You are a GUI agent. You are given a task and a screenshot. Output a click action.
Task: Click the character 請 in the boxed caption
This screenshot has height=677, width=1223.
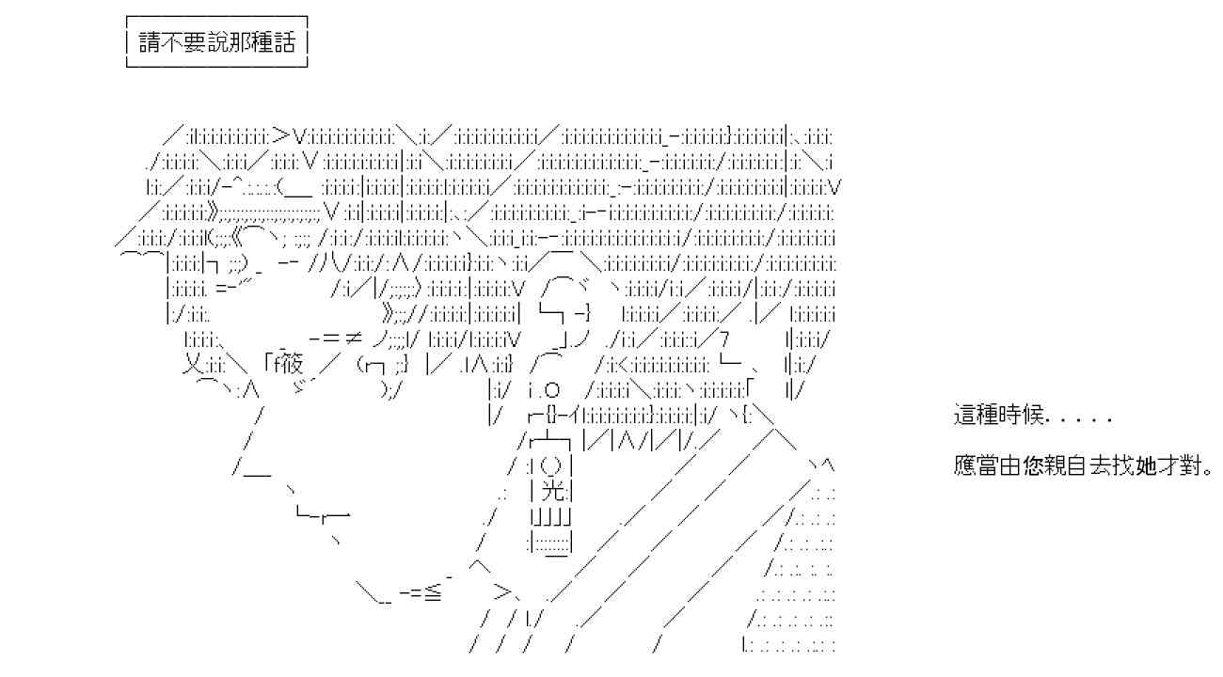tap(150, 42)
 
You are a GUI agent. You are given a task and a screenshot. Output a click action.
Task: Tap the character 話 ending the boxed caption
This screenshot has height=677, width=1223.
tap(284, 42)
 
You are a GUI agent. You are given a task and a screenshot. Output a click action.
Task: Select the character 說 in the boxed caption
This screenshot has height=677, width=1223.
tap(216, 42)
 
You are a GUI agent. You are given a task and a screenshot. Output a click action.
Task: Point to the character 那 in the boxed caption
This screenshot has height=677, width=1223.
tap(239, 42)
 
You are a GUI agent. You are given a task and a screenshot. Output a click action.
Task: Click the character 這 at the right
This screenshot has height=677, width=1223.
tap(964, 416)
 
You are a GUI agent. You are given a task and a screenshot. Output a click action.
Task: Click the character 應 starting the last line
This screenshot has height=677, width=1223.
tap(964, 465)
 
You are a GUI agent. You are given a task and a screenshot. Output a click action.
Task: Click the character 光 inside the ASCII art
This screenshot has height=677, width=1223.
tap(552, 492)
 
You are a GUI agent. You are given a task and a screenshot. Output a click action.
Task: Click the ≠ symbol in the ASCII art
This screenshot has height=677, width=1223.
tap(353, 338)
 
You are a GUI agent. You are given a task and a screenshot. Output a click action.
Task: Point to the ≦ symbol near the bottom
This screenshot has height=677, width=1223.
tap(433, 592)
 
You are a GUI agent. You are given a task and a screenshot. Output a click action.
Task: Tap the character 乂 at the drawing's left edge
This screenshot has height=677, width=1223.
tap(193, 364)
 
